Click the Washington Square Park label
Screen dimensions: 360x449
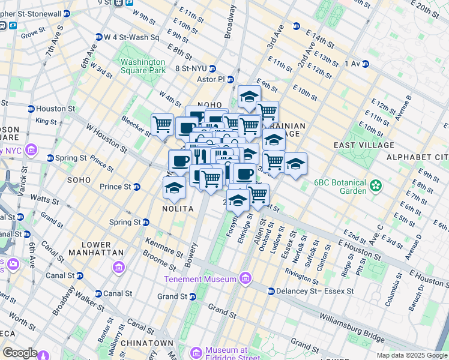(x=142, y=66)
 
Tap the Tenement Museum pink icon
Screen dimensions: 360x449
(x=244, y=278)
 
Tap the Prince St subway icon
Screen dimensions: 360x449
(x=137, y=187)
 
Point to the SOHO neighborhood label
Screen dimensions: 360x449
(x=79, y=179)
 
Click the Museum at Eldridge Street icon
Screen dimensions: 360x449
(x=195, y=352)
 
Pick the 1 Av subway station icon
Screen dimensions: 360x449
(x=365, y=64)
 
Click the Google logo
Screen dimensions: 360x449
(x=20, y=353)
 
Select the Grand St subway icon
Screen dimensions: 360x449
(x=192, y=296)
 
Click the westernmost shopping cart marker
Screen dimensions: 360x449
(x=162, y=125)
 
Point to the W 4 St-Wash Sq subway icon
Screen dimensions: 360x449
(x=98, y=37)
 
